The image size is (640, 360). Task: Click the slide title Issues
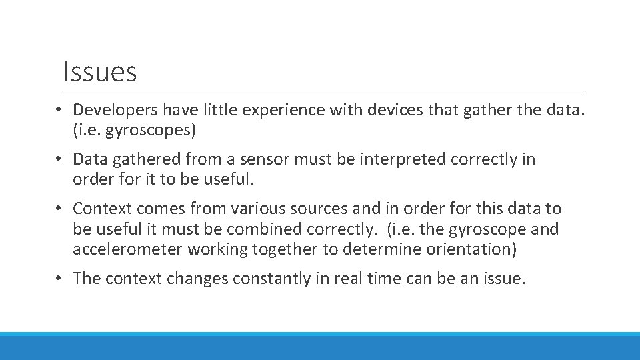click(x=99, y=72)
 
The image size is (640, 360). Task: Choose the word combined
click(x=265, y=229)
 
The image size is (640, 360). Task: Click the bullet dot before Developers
click(x=59, y=109)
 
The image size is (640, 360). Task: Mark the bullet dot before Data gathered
click(x=59, y=159)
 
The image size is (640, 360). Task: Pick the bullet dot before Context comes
click(x=59, y=209)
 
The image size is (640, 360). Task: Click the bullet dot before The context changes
click(x=59, y=279)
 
